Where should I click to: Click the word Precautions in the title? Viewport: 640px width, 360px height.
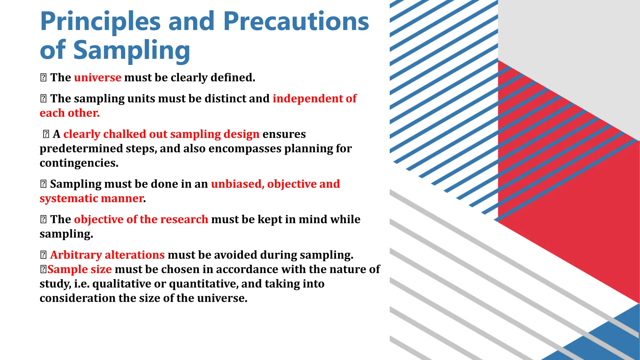296,21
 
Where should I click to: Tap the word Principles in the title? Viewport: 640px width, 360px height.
100,21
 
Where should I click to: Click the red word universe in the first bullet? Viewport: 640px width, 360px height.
97,77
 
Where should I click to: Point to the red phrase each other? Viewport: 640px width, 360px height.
69,113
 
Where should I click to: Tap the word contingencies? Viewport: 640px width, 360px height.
79,163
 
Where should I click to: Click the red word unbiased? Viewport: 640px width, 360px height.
237,184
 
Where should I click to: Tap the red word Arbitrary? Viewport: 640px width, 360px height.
76,255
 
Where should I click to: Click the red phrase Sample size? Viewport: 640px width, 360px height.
79,269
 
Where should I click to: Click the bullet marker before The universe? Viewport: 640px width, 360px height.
43,77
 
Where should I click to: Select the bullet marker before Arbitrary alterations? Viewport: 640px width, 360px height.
43,255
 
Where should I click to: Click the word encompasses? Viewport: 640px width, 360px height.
245,148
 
